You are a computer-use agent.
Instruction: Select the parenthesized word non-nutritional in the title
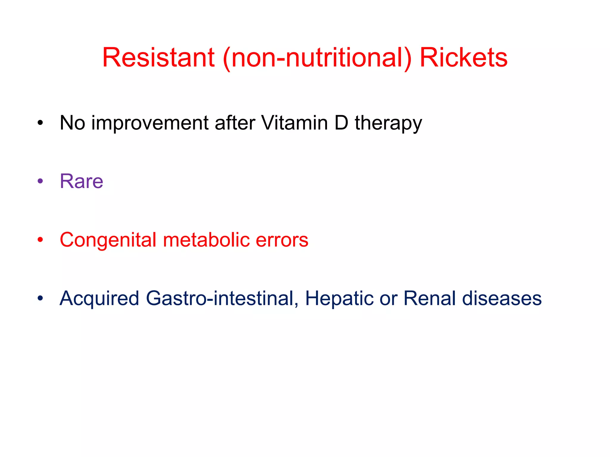pyautogui.click(x=317, y=58)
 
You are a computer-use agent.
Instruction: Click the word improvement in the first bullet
pyautogui.click(x=150, y=123)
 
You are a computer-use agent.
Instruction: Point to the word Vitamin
pyautogui.click(x=294, y=123)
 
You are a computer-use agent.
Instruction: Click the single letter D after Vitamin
pyautogui.click(x=341, y=123)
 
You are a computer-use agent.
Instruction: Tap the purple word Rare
pyautogui.click(x=81, y=181)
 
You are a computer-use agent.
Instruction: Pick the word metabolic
pyautogui.click(x=206, y=240)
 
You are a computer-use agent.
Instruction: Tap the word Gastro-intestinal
pyautogui.click(x=222, y=298)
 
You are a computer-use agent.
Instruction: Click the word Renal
pyautogui.click(x=429, y=298)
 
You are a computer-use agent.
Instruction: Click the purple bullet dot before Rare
pyautogui.click(x=40, y=181)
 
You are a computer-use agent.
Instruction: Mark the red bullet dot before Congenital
pyautogui.click(x=40, y=240)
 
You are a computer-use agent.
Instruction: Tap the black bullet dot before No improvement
pyautogui.click(x=40, y=123)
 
